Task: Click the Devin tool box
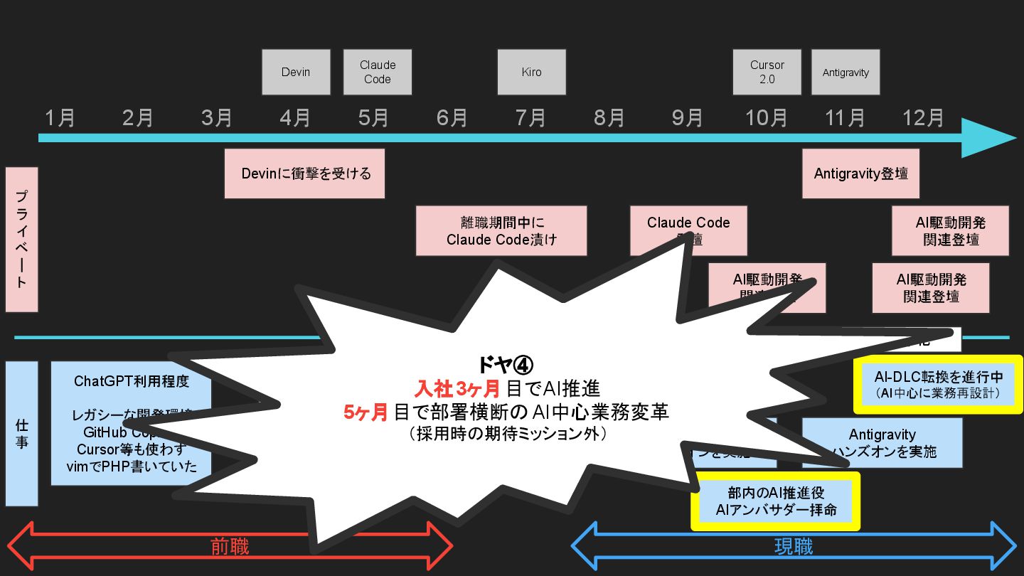pyautogui.click(x=296, y=72)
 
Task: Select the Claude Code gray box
pyautogui.click(x=377, y=72)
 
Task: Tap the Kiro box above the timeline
pyautogui.click(x=531, y=72)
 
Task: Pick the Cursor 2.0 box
pyautogui.click(x=767, y=72)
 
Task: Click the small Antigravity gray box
pyautogui.click(x=846, y=72)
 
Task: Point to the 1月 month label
pyautogui.click(x=60, y=117)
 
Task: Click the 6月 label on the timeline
pyautogui.click(x=452, y=117)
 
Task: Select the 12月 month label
pyautogui.click(x=923, y=117)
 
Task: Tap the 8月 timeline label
pyautogui.click(x=609, y=117)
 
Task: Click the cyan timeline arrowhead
pyautogui.click(x=988, y=137)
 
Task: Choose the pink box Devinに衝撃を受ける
pyautogui.click(x=304, y=174)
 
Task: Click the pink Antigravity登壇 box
pyautogui.click(x=860, y=174)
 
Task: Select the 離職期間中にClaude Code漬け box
pyautogui.click(x=501, y=231)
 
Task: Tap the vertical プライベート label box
pyautogui.click(x=21, y=240)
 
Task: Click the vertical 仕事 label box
pyautogui.click(x=21, y=433)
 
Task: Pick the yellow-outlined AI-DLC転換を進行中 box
pyautogui.click(x=938, y=385)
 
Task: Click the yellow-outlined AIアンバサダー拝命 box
pyautogui.click(x=776, y=501)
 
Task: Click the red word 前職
pyautogui.click(x=230, y=546)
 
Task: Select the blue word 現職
pyautogui.click(x=793, y=546)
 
